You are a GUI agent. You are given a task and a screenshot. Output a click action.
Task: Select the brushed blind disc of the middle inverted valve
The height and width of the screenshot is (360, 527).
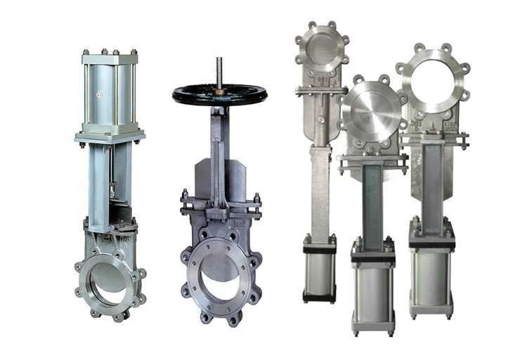[372, 112]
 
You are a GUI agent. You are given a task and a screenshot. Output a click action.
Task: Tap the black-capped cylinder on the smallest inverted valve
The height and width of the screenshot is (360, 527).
[319, 271]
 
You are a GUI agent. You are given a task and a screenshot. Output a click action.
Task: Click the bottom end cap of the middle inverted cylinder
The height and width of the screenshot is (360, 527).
[372, 326]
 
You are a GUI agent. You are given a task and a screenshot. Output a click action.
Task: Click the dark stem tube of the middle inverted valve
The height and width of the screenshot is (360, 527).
[372, 204]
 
